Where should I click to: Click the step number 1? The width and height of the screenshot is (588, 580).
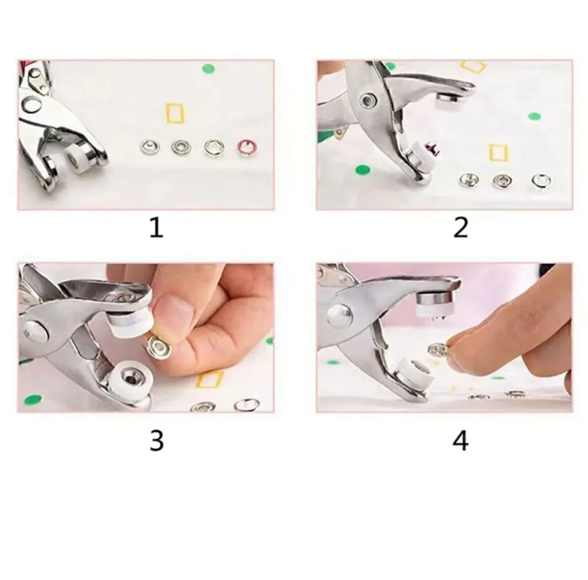point(156,227)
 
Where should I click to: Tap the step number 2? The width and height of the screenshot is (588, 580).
point(460,227)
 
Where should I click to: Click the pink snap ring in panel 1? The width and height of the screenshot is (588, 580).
point(248,147)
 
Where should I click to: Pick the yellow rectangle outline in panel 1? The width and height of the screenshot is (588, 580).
point(175,113)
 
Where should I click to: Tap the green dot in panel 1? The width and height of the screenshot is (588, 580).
point(208,69)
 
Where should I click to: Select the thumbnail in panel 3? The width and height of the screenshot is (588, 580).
point(173,306)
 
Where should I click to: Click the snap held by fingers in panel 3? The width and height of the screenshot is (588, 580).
point(159,346)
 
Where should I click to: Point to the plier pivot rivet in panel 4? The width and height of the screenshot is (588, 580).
point(340,314)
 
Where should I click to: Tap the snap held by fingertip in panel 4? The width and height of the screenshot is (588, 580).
point(438,350)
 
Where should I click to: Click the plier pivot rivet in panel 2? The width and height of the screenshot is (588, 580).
point(368,100)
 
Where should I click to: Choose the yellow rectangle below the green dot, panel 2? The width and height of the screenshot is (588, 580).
point(498,152)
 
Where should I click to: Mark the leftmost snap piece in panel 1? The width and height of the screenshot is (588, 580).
point(150,147)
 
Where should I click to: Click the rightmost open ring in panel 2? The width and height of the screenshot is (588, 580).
point(541,181)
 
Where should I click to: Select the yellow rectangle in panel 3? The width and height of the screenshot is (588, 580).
point(209,379)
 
